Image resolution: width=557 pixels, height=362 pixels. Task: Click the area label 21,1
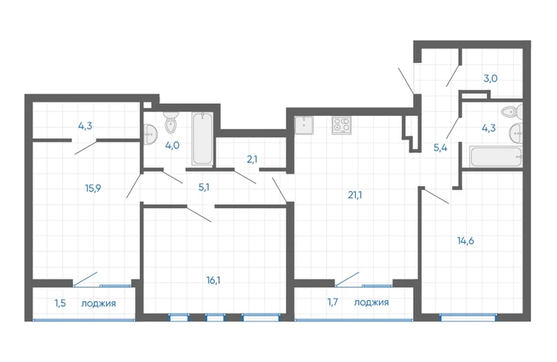[355, 195]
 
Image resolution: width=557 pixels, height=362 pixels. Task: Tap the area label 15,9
[93, 188]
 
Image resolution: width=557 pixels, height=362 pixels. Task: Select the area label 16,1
[213, 281]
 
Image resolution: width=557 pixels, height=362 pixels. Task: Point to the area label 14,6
[465, 241]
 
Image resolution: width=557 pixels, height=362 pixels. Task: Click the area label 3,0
[490, 79]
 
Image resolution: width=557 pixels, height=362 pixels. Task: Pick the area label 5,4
[440, 148]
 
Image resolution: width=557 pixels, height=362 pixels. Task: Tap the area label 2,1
[252, 159]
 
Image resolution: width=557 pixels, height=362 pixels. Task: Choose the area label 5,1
[203, 187]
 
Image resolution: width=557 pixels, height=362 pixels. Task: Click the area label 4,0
[172, 146]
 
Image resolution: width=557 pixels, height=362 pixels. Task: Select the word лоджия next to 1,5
[98, 303]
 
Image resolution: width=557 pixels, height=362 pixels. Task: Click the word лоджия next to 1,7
[371, 303]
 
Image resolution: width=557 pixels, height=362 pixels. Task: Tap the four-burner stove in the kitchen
[341, 125]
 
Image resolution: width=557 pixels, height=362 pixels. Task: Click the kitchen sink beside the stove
[304, 125]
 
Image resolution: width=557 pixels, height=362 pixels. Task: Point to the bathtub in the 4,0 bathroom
[203, 139]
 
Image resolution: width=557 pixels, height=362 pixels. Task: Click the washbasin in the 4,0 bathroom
[150, 135]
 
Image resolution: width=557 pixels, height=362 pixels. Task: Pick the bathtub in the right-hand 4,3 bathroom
[496, 156]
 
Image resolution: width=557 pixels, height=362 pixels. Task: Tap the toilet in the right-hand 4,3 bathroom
[512, 111]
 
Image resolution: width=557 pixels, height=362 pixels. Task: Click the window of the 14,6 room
[468, 317]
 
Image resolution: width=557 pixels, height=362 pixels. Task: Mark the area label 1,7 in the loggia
[333, 303]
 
